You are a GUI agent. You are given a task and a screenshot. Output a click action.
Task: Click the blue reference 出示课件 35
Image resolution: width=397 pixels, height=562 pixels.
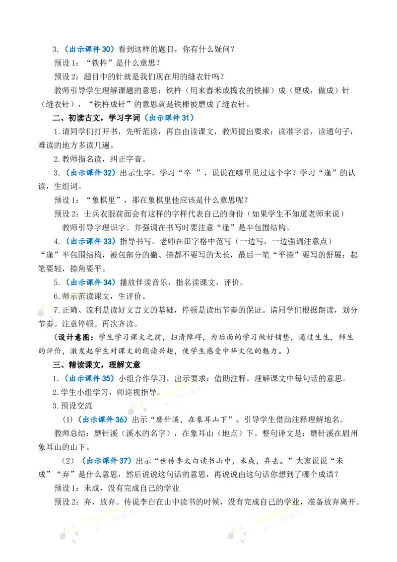coord(90,378)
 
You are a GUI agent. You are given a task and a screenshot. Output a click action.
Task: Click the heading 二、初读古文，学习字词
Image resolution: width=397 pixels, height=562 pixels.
coord(96,118)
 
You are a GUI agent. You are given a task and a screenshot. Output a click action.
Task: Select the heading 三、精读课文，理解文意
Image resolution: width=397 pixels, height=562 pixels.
coord(96,365)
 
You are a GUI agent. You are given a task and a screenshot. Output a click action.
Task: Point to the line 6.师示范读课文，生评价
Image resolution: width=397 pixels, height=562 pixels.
coord(100,296)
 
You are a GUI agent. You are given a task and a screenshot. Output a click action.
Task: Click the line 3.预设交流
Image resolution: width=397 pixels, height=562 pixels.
coord(72,406)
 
